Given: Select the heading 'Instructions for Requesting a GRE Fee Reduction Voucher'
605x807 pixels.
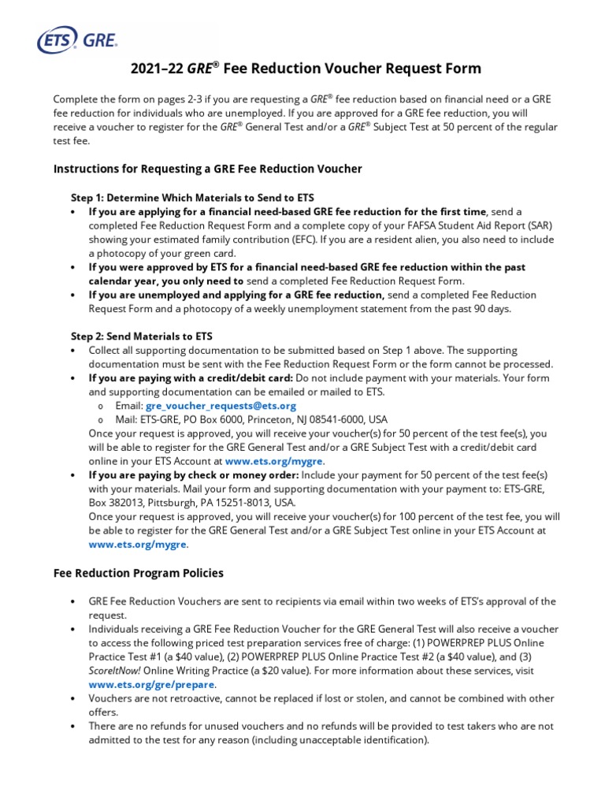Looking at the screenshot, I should [x=207, y=169].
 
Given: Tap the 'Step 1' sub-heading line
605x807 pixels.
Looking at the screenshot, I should [x=191, y=197].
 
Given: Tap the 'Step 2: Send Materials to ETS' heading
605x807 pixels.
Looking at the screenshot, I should [x=142, y=336].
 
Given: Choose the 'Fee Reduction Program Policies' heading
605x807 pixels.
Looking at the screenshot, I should [x=138, y=573].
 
